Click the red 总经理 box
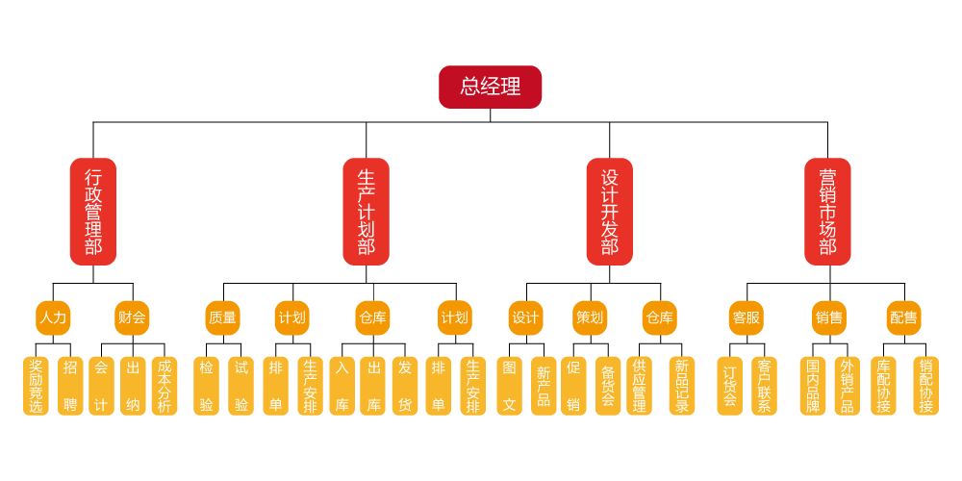491,87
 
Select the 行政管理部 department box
93,212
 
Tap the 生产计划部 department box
367,212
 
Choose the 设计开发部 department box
610,212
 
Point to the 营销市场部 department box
828,212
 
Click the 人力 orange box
53,317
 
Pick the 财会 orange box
132,317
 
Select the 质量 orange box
222,317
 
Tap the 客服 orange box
746,317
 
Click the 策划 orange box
590,317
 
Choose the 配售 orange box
903,317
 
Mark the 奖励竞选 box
36,386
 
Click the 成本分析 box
165,386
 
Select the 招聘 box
70,386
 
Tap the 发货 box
405,386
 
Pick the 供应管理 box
639,386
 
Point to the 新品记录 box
682,386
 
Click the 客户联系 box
764,386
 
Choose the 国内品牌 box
813,386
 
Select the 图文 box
510,386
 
